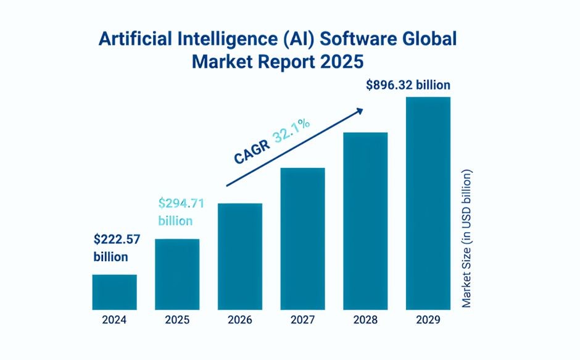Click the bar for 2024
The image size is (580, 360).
(115, 292)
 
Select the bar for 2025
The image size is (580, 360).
(177, 274)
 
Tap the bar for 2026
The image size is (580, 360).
(240, 256)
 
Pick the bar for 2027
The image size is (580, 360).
(302, 238)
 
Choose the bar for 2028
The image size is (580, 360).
(365, 221)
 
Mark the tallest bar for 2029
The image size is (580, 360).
(428, 203)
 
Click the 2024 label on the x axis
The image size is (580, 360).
(115, 320)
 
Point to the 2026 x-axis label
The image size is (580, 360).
(240, 320)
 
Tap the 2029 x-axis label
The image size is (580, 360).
(428, 320)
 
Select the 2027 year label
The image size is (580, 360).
(302, 320)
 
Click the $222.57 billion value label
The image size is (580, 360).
(115, 247)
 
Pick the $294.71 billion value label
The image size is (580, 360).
(181, 211)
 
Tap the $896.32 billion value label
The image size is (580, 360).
(408, 85)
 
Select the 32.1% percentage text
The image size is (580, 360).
(292, 132)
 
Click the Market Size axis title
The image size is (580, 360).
(467, 238)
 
